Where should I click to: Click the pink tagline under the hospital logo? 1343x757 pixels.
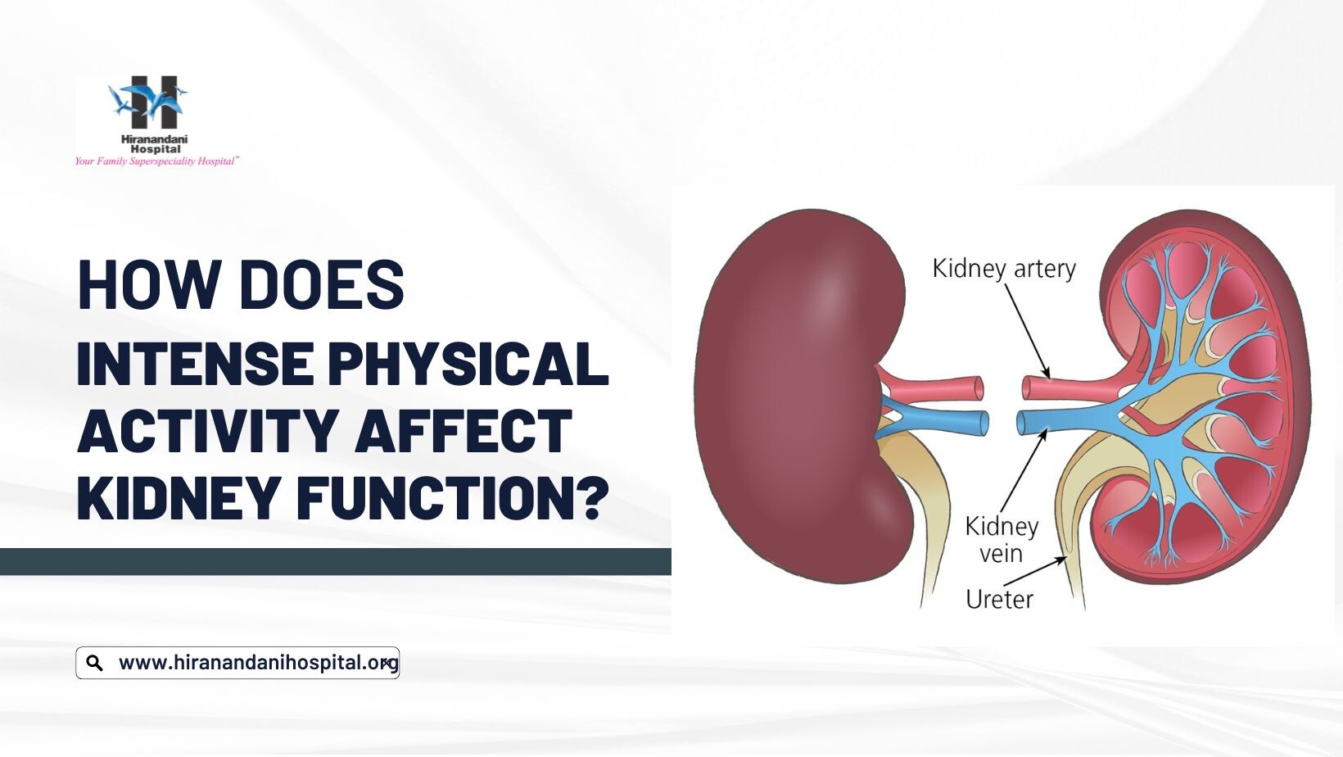click(x=156, y=161)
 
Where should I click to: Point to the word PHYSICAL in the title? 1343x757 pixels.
click(x=469, y=363)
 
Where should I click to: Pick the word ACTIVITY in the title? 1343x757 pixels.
click(x=207, y=430)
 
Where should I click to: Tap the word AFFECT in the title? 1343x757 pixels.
click(x=463, y=430)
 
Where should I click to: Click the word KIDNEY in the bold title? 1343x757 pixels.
click(x=179, y=497)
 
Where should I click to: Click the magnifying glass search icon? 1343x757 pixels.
click(x=95, y=663)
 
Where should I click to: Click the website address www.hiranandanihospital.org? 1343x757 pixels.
click(x=259, y=663)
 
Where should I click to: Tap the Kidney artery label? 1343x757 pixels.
click(x=1004, y=268)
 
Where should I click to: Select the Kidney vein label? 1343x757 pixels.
click(x=1002, y=540)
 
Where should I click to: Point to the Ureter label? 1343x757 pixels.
click(x=999, y=599)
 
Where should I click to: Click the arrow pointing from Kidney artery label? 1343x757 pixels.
click(x=1027, y=330)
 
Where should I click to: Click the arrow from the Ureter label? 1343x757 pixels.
click(x=1035, y=570)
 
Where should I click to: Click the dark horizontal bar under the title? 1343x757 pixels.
click(x=336, y=561)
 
